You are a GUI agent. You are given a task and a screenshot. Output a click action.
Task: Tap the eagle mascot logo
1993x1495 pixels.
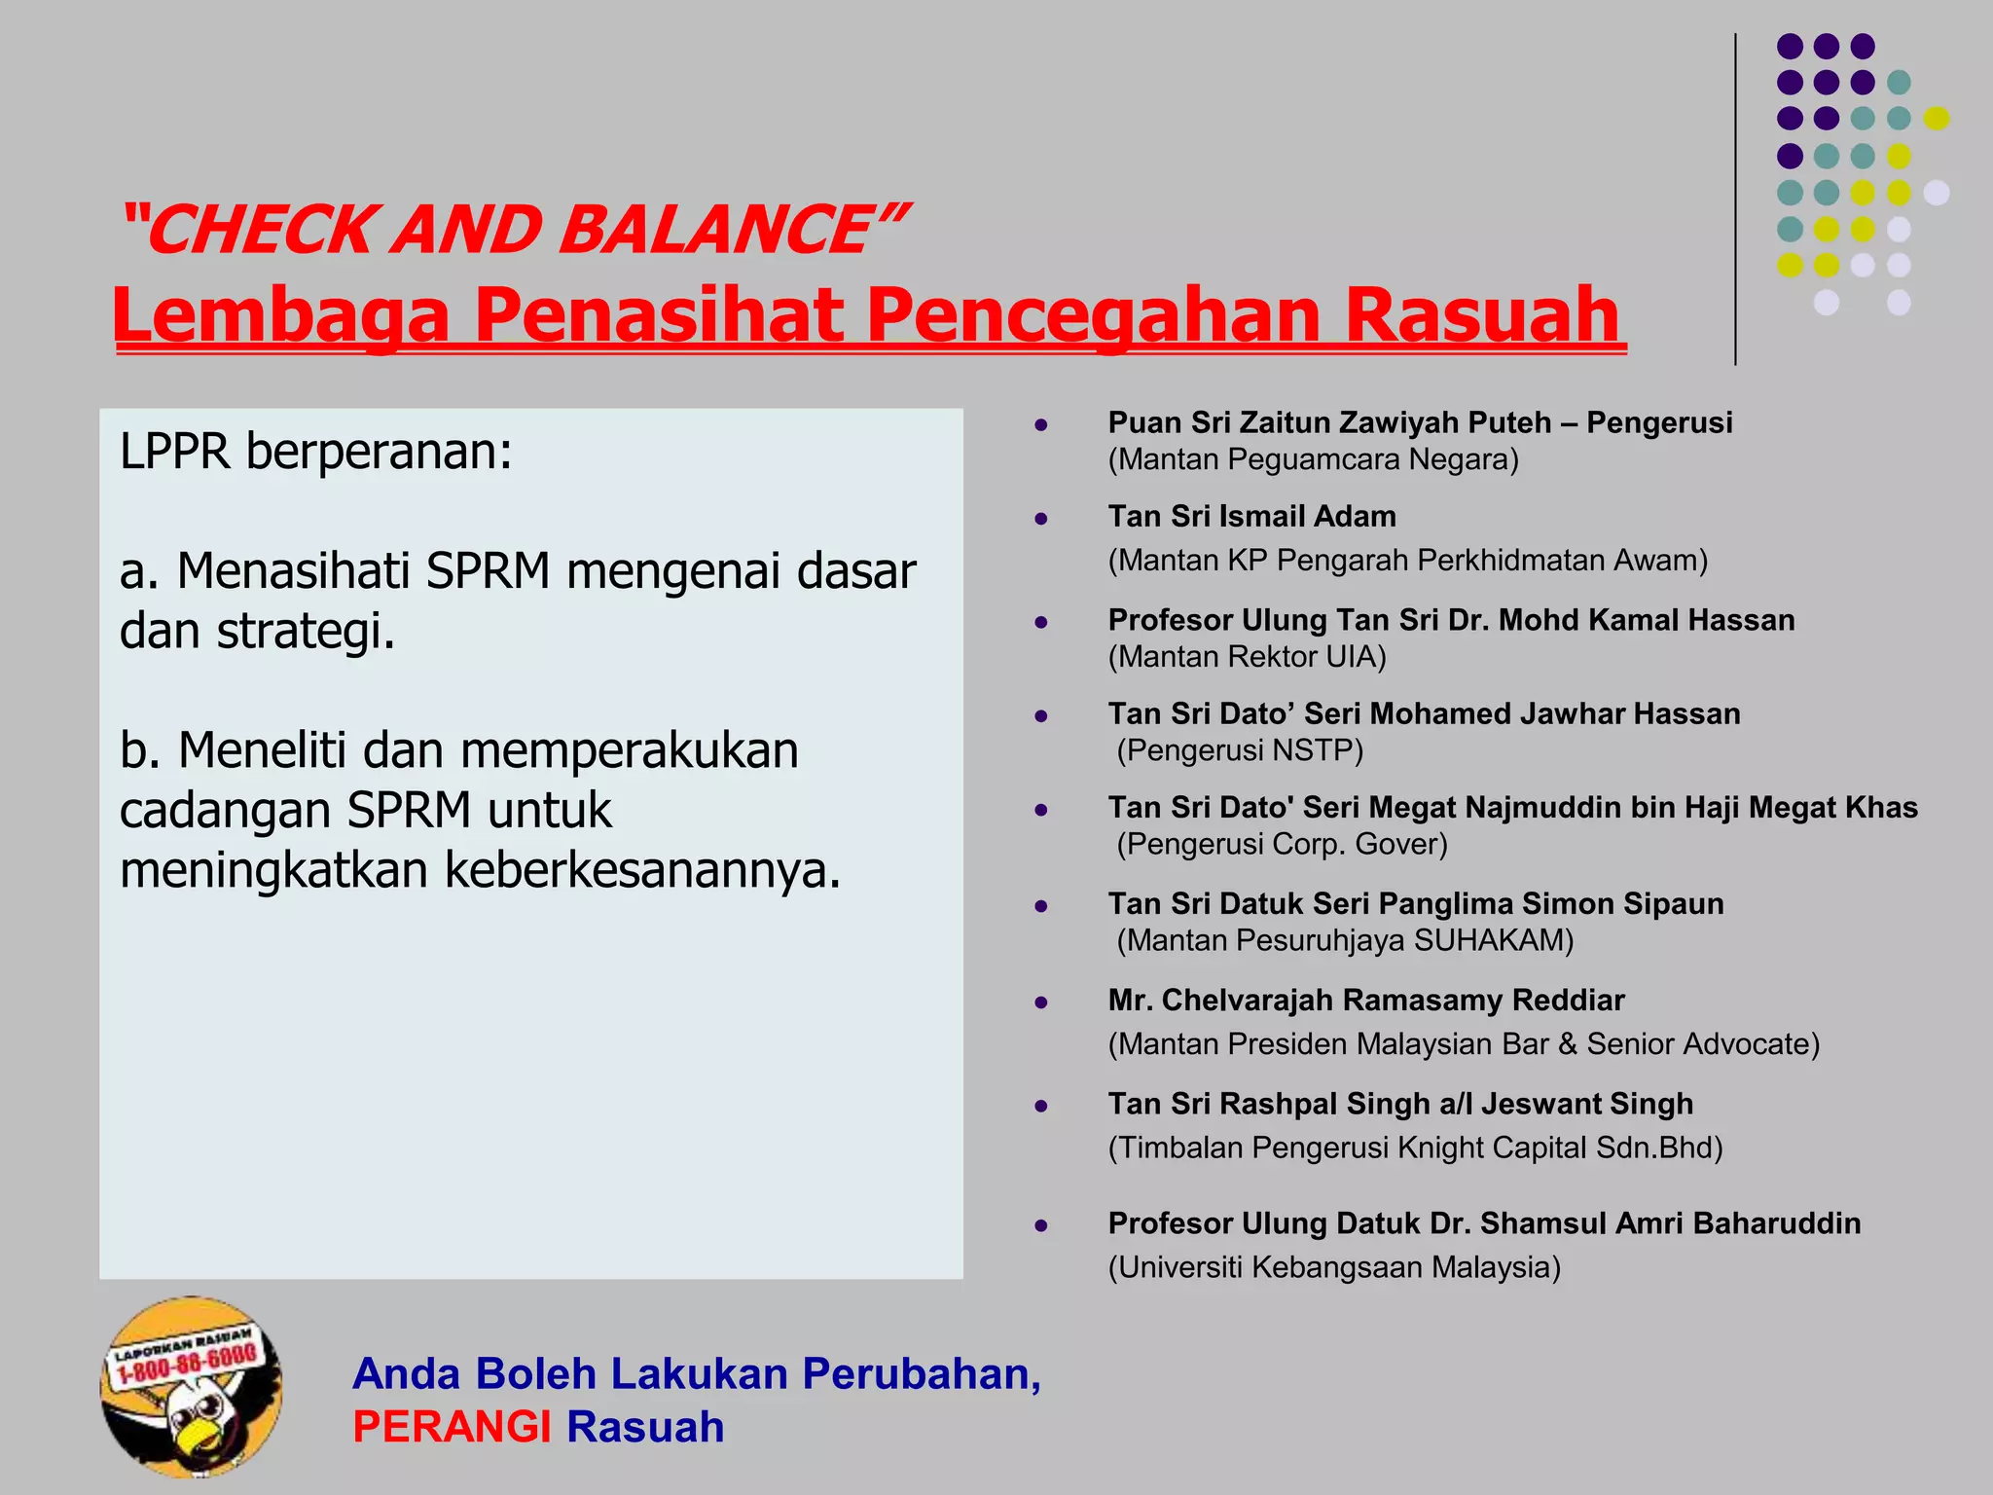click(192, 1388)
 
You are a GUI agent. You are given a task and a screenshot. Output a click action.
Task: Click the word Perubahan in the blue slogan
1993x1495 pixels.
click(921, 1373)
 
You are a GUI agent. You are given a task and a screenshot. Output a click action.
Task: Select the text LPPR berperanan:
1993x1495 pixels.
click(315, 452)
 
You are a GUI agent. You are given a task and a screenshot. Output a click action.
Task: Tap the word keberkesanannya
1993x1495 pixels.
click(641, 869)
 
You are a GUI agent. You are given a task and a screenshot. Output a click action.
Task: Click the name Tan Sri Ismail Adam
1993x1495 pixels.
click(1251, 516)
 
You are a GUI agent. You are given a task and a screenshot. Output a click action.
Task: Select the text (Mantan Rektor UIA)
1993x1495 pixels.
click(1247, 657)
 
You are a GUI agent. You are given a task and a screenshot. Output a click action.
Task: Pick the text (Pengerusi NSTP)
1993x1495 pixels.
click(1239, 750)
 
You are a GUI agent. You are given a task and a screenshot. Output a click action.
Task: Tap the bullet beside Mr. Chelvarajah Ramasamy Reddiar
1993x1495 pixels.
click(1040, 1002)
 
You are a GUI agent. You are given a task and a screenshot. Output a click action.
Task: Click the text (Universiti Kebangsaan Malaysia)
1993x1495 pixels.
click(1333, 1267)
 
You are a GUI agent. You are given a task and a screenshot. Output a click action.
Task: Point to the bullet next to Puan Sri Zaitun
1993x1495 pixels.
click(1040, 424)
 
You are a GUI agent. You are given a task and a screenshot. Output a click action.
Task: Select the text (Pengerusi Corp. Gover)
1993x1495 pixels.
click(1282, 844)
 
